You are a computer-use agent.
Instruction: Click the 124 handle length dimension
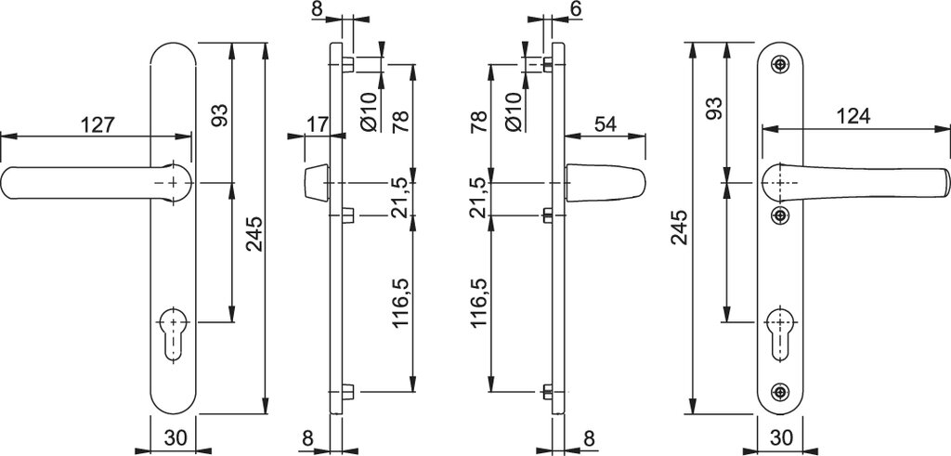[x=852, y=116]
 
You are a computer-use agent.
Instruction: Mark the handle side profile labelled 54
[x=604, y=183]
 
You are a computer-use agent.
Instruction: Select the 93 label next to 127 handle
[x=219, y=114]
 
